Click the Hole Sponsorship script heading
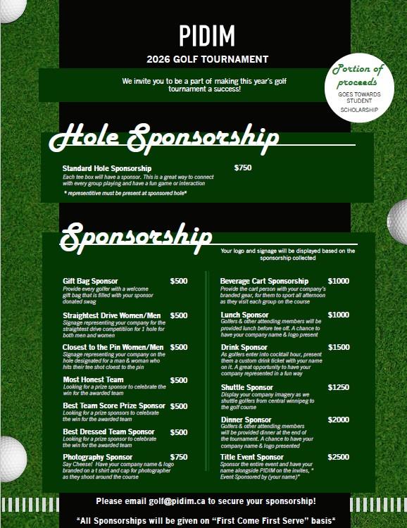click(x=163, y=139)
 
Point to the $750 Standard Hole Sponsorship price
click(x=243, y=168)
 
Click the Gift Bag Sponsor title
click(x=90, y=281)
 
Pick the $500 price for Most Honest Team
click(x=179, y=380)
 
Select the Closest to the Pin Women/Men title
click(x=113, y=347)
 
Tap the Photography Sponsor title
click(x=98, y=457)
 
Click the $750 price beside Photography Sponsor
click(x=179, y=457)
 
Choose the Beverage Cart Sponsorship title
click(x=264, y=281)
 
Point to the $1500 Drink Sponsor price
click(x=338, y=347)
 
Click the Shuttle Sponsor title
click(x=246, y=387)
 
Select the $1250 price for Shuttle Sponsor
click(x=338, y=387)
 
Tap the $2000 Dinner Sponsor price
click(x=338, y=420)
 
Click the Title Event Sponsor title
click(x=252, y=457)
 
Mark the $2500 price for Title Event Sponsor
click(x=338, y=457)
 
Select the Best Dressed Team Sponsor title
click(x=108, y=432)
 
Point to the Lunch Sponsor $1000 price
click(x=338, y=315)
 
